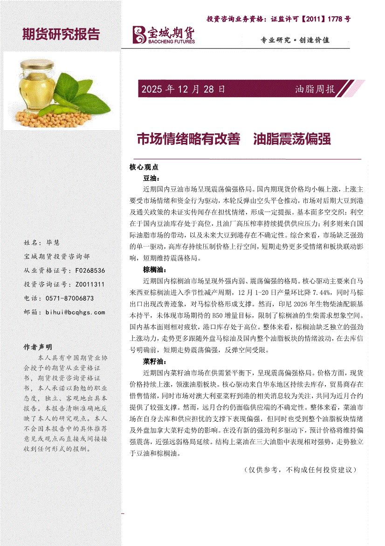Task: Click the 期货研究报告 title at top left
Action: pyautogui.click(x=61, y=34)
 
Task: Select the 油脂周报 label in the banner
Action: pyautogui.click(x=315, y=89)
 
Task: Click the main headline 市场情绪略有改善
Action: pyautogui.click(x=188, y=139)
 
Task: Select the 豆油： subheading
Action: pyautogui.click(x=152, y=178)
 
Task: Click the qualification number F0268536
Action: pyautogui.click(x=89, y=270)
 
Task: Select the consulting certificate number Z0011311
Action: pyautogui.click(x=89, y=284)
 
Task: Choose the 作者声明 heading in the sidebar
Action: pyautogui.click(x=38, y=347)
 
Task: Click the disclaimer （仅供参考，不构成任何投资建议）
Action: pyautogui.click(x=300, y=469)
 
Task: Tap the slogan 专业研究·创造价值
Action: pyautogui.click(x=295, y=40)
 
